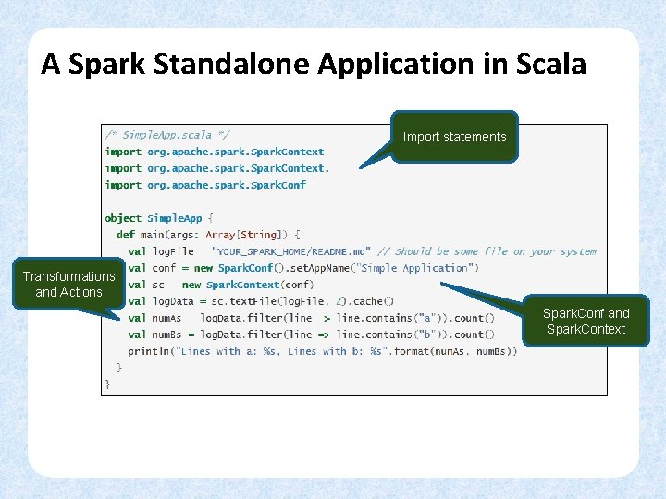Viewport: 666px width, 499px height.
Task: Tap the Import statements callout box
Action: point(454,137)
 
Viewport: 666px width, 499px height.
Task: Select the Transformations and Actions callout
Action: point(68,284)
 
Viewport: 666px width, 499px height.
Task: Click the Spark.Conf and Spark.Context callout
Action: point(586,321)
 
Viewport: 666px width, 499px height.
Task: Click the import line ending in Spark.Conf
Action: point(205,185)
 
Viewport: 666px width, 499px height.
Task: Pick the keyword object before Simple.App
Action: point(123,218)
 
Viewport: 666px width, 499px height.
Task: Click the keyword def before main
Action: point(126,235)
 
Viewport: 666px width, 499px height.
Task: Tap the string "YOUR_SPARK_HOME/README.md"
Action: point(290,251)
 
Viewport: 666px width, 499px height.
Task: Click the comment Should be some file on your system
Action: point(487,251)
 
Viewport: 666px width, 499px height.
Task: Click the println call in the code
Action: point(148,351)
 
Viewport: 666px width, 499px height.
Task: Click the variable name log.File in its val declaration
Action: point(173,251)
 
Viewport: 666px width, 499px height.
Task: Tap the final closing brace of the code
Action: point(107,383)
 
